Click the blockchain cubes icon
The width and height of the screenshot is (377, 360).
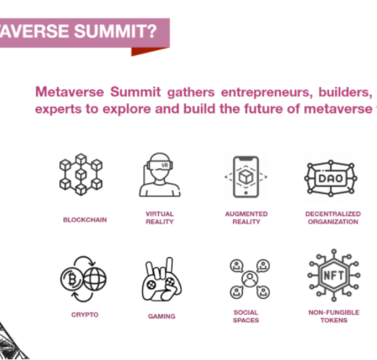point(81,174)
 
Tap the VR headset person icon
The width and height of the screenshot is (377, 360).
point(160,175)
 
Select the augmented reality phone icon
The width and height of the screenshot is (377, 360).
point(246,177)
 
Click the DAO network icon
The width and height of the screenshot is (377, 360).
point(331,178)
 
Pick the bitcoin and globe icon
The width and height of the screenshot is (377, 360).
point(83,279)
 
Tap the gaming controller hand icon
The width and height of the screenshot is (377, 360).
point(162,280)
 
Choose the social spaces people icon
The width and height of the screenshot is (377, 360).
point(250,279)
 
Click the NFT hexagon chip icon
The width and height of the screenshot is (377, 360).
point(333,275)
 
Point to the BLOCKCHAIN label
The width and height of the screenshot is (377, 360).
point(85,220)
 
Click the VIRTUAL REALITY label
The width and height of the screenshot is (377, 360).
point(160,218)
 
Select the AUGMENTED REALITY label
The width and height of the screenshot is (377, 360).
point(246,218)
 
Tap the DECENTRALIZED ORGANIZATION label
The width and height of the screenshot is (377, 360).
point(333,218)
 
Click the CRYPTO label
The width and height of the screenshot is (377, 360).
point(85,315)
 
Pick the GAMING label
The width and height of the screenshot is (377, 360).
point(162,316)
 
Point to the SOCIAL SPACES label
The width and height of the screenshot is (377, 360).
point(246,316)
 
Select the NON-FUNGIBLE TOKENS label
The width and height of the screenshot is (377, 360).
point(334,316)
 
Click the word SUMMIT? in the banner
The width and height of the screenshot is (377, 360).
point(116,31)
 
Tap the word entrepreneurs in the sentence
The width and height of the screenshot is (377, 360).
point(266,92)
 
